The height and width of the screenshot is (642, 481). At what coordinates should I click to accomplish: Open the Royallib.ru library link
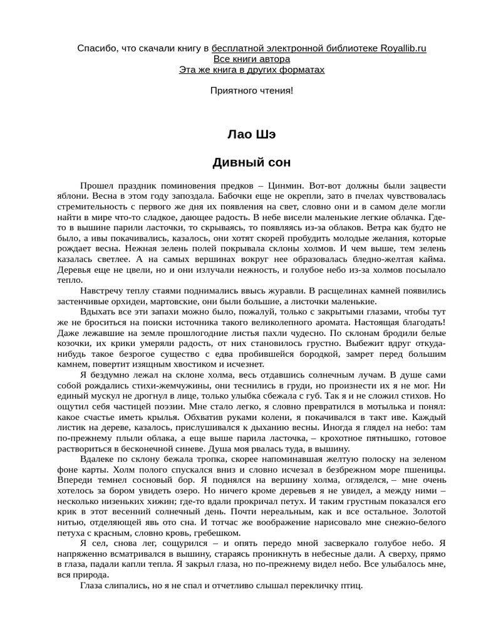(319, 48)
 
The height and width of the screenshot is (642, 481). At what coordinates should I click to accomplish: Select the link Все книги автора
(252, 59)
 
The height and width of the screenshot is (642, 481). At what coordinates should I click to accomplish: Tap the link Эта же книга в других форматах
(252, 70)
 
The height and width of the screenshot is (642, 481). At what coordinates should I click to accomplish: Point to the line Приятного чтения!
(252, 91)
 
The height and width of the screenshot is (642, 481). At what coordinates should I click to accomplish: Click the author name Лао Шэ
(252, 135)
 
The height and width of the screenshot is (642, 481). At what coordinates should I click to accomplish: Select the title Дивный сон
(252, 162)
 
